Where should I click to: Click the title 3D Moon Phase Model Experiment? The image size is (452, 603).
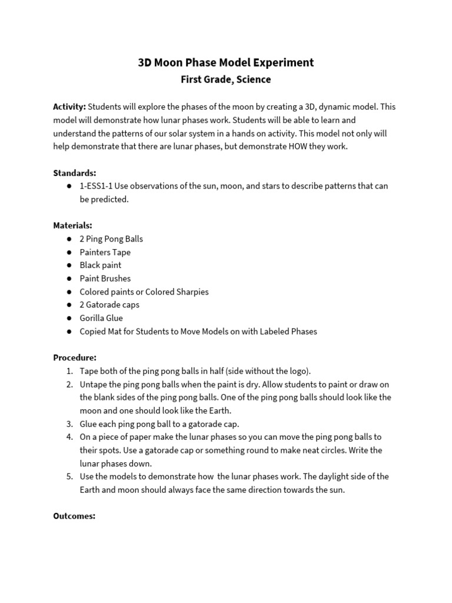point(226,63)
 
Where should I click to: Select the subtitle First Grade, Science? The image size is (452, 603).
point(226,79)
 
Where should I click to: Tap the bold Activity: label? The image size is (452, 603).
point(69,107)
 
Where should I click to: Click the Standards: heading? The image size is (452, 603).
point(74,173)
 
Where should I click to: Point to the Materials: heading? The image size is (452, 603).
point(72,226)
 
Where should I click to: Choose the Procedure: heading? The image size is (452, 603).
point(75,357)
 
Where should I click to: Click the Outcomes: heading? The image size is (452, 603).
point(74,516)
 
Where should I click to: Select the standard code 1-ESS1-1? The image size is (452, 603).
point(96,186)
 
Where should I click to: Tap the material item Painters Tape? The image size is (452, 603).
point(105,252)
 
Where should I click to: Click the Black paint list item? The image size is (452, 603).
point(101,265)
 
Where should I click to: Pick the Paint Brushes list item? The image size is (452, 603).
point(105,279)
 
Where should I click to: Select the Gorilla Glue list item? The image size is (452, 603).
point(101,318)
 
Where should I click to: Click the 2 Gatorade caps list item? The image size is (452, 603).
point(109,305)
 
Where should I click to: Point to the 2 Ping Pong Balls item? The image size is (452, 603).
point(111,239)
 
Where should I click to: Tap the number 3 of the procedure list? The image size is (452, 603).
point(69,424)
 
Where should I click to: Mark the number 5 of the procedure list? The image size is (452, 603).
point(69,476)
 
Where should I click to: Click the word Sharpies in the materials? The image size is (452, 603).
point(191,291)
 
